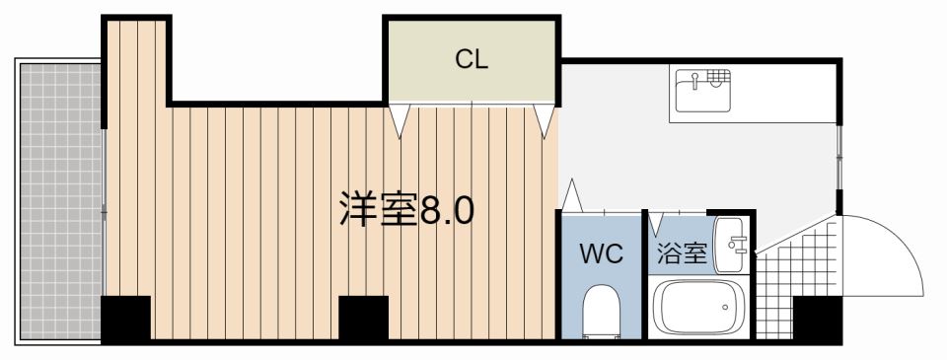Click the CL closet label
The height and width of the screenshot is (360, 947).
point(472,60)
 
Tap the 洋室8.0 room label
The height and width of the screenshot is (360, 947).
point(406,209)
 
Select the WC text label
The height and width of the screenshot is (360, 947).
point(601,254)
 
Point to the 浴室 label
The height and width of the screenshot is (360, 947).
point(682,253)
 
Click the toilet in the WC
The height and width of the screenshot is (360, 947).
point(601,311)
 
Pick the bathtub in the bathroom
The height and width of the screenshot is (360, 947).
point(699,307)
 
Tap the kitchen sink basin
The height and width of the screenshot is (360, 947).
point(694,91)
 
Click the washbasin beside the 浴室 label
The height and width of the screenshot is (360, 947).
point(730,245)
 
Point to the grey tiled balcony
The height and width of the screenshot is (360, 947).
point(60,201)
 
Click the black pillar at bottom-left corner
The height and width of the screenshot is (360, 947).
point(125,319)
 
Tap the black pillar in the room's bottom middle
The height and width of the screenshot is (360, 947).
point(363,319)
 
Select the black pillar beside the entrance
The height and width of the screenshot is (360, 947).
point(817,319)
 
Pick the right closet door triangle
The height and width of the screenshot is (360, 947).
point(545,120)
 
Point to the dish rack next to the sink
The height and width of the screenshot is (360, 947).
point(719,77)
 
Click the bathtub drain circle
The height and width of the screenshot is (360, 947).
point(725,307)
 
